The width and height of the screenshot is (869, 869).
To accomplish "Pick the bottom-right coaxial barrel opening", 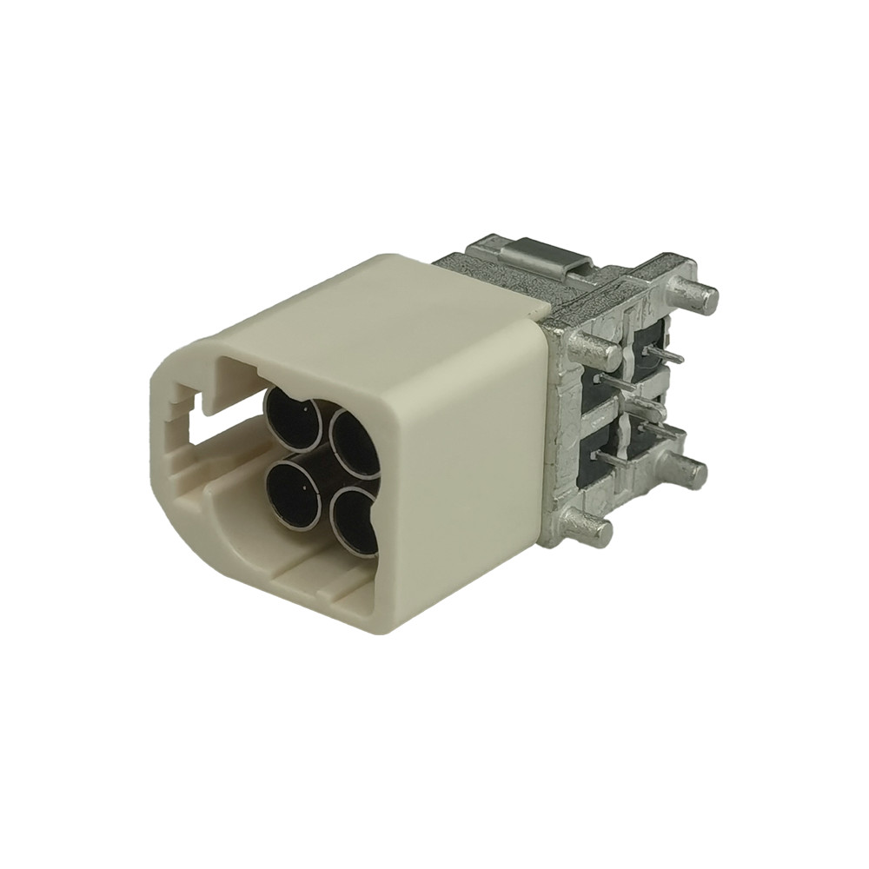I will coord(355,519).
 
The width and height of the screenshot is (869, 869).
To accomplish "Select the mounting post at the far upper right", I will coord(700,296).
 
